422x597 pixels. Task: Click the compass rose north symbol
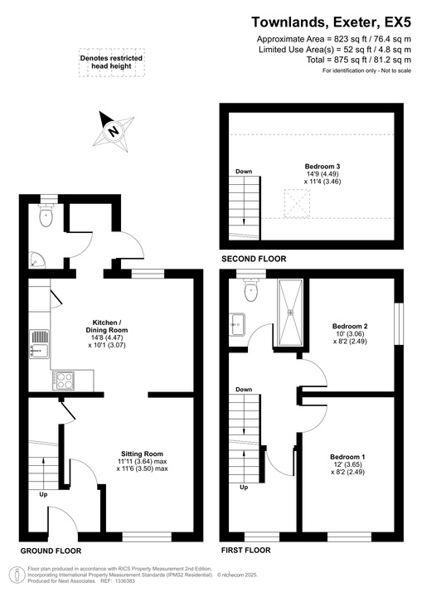[x=114, y=129]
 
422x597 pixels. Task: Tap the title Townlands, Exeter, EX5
[x=331, y=22]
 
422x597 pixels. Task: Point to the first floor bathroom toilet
[x=251, y=292]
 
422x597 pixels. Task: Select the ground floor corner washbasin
[x=34, y=260]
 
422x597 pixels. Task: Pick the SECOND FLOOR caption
[x=254, y=260]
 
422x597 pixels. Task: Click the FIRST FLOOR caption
[x=245, y=550]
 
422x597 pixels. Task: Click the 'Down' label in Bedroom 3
[x=243, y=172]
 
